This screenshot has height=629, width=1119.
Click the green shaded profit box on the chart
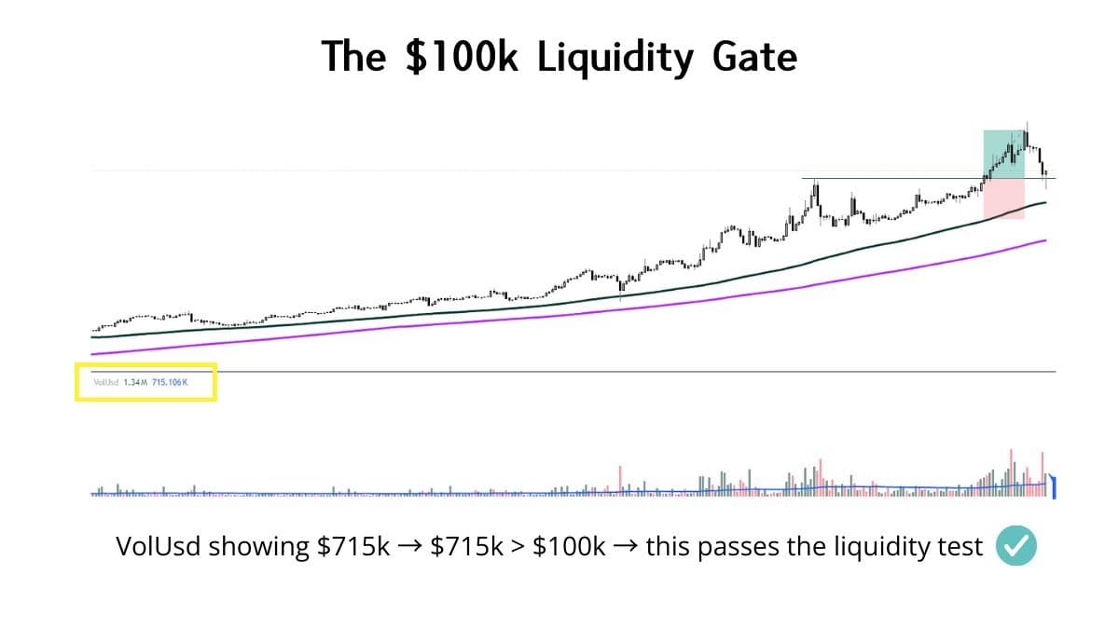(x=1003, y=154)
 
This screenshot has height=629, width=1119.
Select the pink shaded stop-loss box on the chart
(x=1003, y=198)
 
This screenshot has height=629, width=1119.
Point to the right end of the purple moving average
(x=1045, y=240)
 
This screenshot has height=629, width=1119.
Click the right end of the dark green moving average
(x=1045, y=201)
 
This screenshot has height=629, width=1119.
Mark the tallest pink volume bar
(x=1011, y=466)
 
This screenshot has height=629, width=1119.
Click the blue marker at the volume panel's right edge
(x=1054, y=485)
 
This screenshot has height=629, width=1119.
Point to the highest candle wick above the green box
(x=1027, y=123)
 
